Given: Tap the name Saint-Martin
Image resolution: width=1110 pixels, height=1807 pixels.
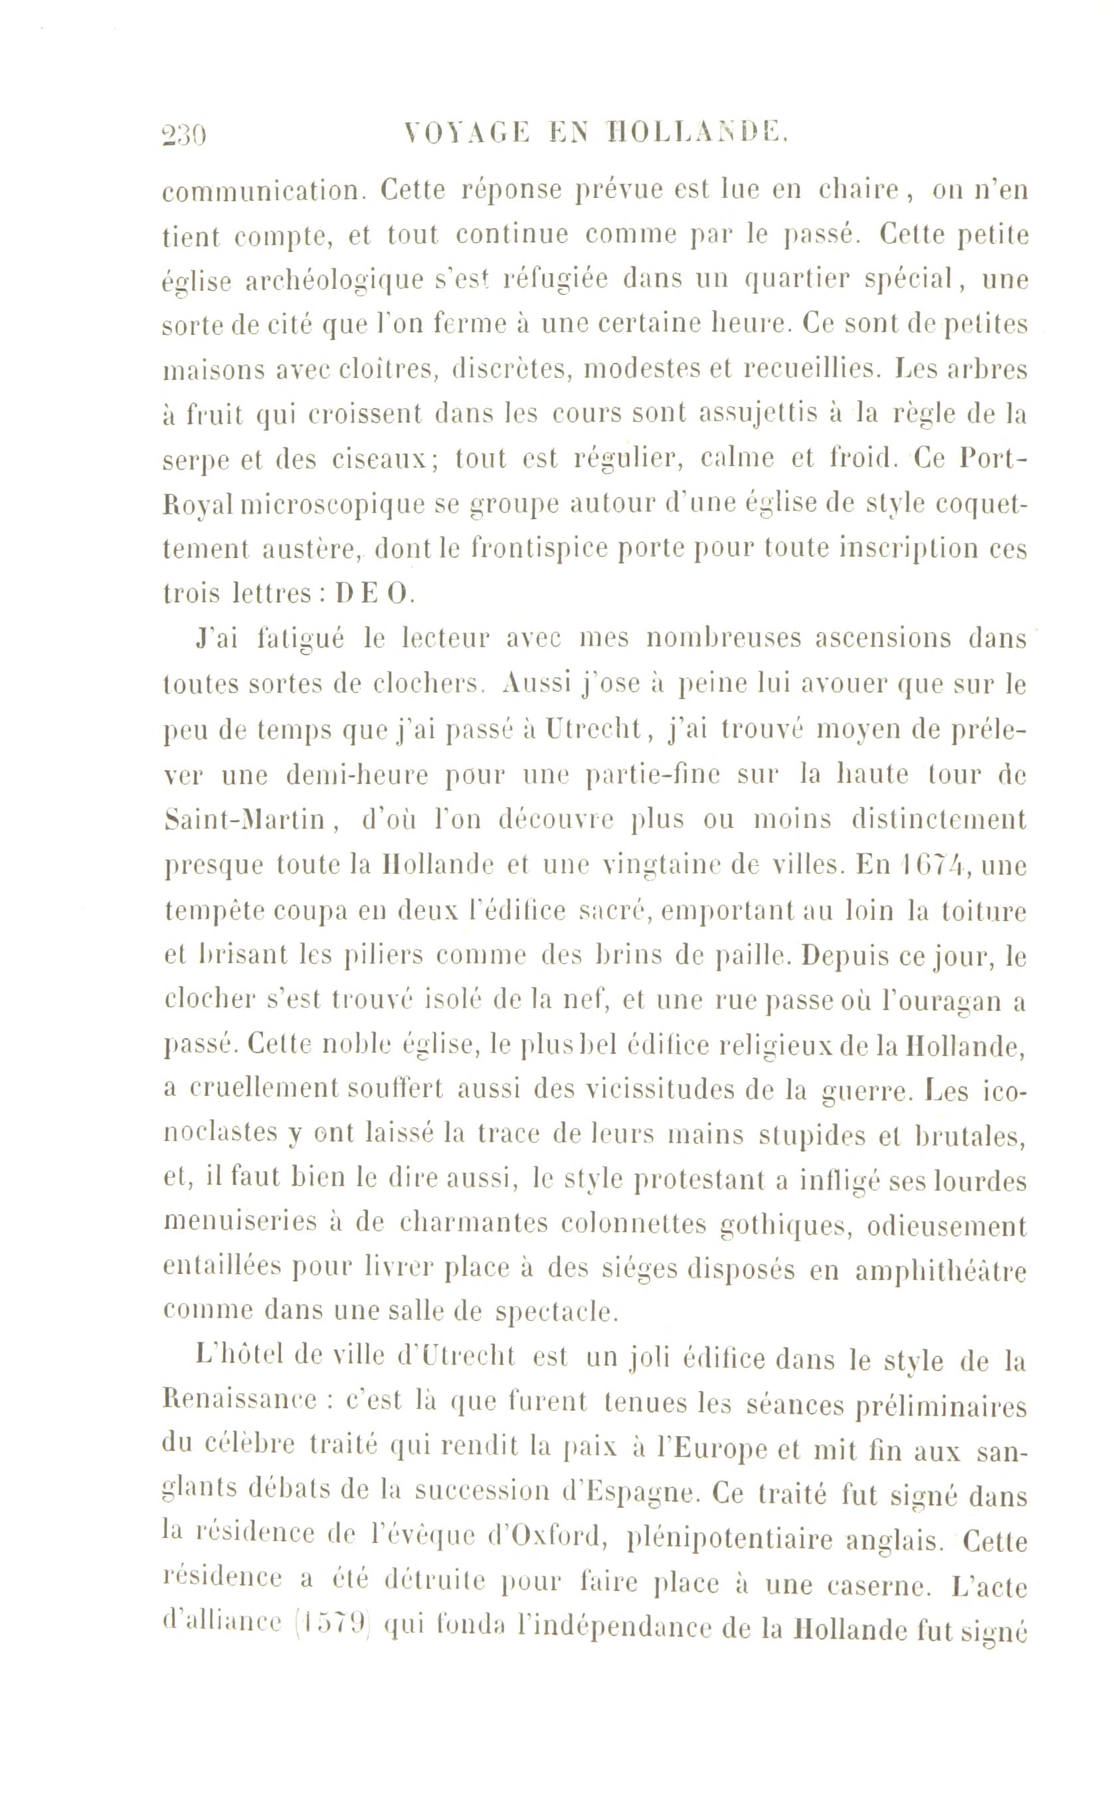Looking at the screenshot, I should click(x=244, y=820).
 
